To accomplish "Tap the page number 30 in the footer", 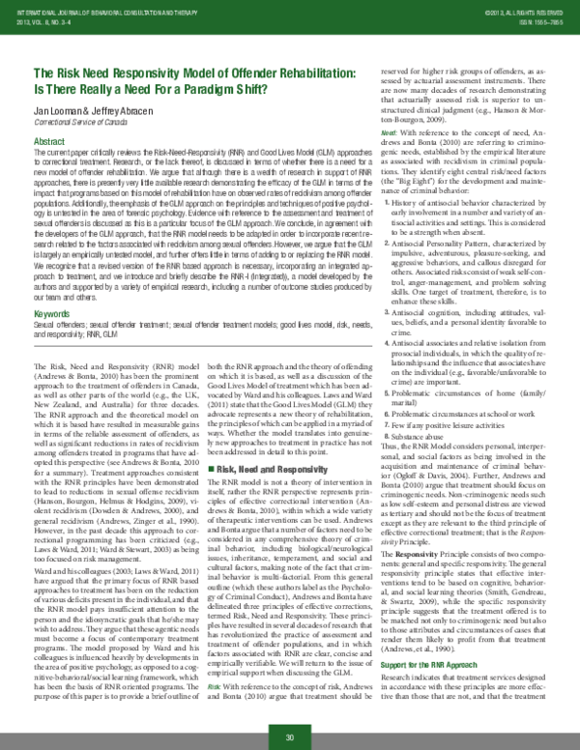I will tap(289, 737).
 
